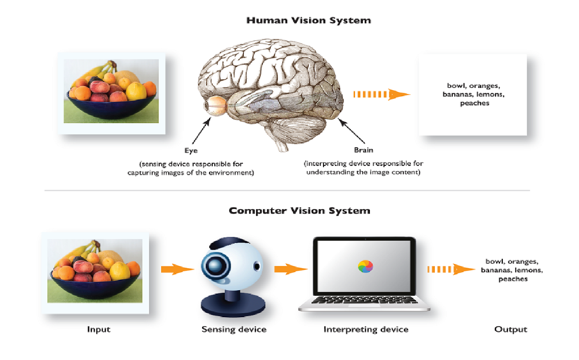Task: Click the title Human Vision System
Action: point(309,20)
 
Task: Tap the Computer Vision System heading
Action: point(300,211)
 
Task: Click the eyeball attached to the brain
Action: point(216,106)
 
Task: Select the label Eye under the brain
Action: point(191,150)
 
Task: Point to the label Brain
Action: point(363,150)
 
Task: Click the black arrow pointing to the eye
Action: point(201,130)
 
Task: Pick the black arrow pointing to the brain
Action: point(352,131)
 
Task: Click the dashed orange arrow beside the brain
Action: point(382,94)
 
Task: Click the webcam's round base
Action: point(233,305)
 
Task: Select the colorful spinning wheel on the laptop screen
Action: point(365,266)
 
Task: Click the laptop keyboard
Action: point(365,300)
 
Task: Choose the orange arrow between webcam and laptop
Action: point(291,269)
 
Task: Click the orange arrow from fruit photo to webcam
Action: point(178,269)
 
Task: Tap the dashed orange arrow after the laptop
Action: point(451,269)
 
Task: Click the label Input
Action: point(99,330)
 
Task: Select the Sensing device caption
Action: point(234,329)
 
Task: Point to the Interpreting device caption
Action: point(366,330)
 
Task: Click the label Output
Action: point(511,329)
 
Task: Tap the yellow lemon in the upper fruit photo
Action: point(136,91)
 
